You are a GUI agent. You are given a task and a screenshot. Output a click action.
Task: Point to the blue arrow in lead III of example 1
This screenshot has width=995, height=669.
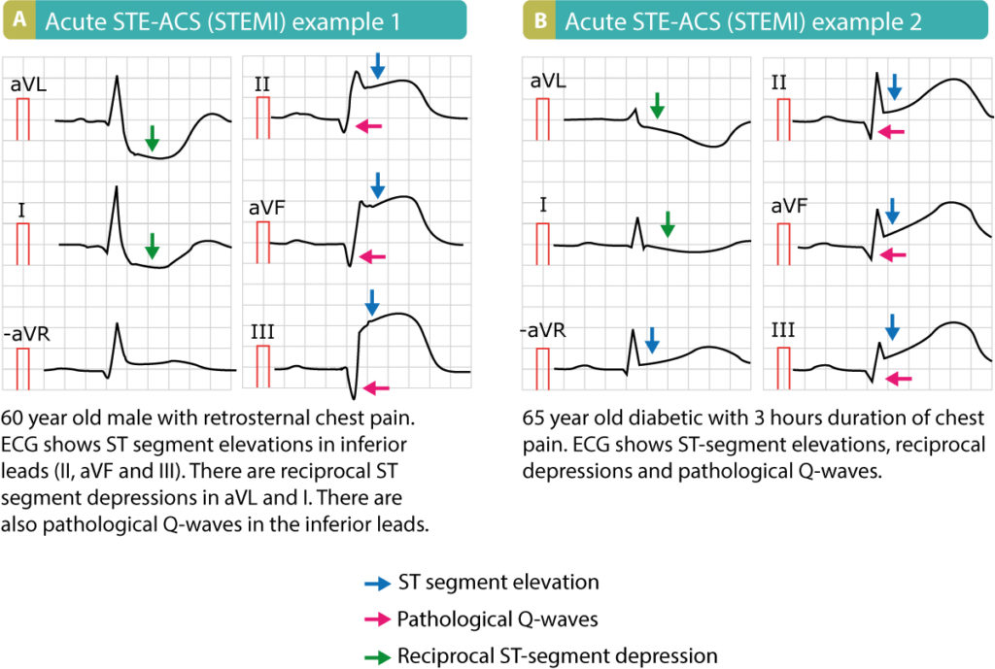[x=370, y=300]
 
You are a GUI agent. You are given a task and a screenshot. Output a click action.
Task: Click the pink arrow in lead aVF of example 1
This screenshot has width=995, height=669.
[x=370, y=256]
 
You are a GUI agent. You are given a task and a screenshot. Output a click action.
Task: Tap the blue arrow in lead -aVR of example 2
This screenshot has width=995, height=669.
[x=652, y=339]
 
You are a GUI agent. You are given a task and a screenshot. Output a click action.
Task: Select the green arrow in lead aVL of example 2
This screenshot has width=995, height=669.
[x=658, y=106]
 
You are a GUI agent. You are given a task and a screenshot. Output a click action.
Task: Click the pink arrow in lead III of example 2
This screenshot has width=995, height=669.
[x=899, y=379]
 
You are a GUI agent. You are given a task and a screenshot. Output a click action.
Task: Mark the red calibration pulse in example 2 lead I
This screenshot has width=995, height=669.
[x=541, y=243]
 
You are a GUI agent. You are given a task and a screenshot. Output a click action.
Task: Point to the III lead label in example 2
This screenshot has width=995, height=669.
[x=784, y=331]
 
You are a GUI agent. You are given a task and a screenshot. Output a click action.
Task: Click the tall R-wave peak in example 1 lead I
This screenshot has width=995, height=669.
[x=117, y=188]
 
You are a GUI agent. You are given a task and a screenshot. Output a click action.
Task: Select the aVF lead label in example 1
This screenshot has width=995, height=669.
[x=270, y=208]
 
